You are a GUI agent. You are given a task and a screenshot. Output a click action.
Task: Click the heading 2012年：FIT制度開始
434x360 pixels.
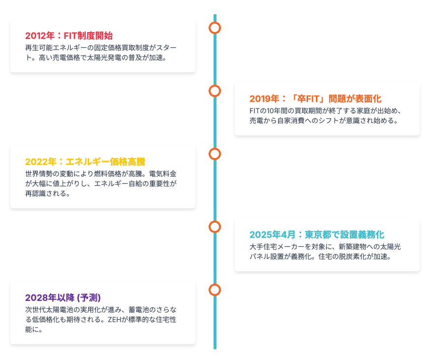tap(69, 36)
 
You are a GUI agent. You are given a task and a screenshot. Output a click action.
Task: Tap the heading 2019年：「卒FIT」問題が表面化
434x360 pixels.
tap(315, 98)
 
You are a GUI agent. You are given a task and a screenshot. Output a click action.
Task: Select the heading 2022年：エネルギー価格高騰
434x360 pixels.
tap(85, 162)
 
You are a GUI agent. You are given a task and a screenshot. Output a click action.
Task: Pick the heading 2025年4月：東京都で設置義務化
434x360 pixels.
tap(317, 234)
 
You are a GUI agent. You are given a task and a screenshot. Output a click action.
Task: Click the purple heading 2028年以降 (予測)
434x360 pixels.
tap(63, 297)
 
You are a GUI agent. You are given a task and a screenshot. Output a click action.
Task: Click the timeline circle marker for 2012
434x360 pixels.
tap(215, 28)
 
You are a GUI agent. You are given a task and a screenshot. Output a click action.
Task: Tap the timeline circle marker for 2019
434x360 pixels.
tap(215, 91)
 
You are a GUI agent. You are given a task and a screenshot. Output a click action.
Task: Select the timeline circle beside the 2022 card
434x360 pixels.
tap(215, 154)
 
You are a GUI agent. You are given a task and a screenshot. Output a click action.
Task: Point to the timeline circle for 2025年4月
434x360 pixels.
tap(215, 227)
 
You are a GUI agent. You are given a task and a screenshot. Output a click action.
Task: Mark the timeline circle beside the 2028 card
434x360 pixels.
tap(215, 290)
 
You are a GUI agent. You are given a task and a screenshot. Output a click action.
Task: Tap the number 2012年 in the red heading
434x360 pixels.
tap(40, 36)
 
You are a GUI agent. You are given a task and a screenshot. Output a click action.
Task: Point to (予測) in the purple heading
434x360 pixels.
tap(89, 297)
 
